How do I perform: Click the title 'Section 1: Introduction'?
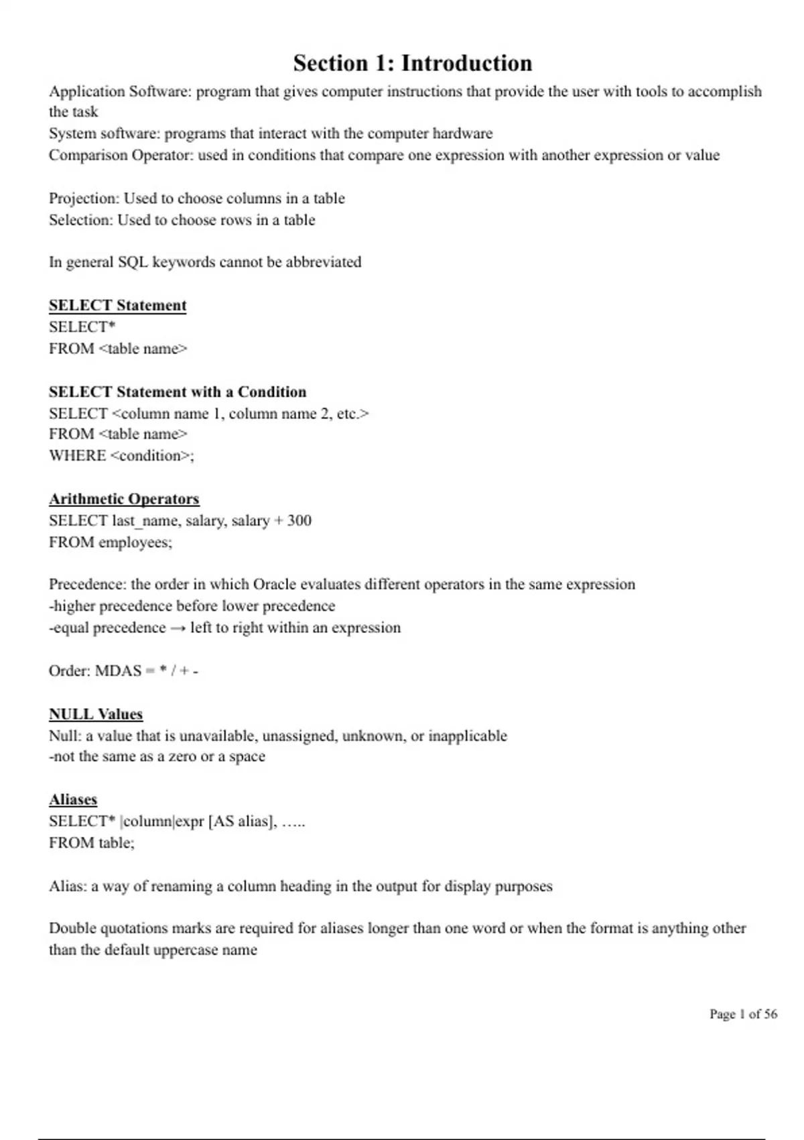click(x=412, y=63)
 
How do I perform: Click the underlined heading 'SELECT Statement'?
click(x=117, y=305)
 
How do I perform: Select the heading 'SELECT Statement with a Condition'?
click(x=178, y=392)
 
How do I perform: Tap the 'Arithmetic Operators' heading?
click(x=124, y=499)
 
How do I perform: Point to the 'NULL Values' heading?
click(x=96, y=714)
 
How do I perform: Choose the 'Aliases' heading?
click(x=73, y=799)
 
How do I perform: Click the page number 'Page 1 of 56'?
click(x=743, y=1014)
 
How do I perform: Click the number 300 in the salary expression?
click(x=299, y=520)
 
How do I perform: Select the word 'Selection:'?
click(x=81, y=220)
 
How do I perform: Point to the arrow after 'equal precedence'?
click(x=178, y=628)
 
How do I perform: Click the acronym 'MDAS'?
click(x=118, y=671)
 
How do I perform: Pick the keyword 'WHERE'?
click(x=77, y=455)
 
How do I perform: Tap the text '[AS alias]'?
click(x=242, y=821)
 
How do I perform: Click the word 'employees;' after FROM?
click(x=135, y=542)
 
